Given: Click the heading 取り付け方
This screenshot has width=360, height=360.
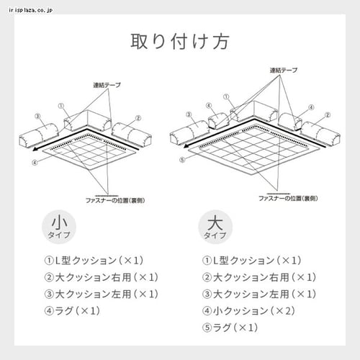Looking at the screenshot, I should click(x=180, y=41).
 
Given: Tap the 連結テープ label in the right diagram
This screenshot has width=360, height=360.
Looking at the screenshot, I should click(x=284, y=71).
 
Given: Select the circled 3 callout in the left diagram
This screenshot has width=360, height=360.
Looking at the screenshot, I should click(x=36, y=115).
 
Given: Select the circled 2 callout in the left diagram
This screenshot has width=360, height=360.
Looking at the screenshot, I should click(x=138, y=117).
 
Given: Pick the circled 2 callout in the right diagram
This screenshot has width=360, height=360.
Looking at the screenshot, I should click(x=328, y=113).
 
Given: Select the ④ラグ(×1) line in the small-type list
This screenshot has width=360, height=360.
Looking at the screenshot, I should click(x=72, y=311).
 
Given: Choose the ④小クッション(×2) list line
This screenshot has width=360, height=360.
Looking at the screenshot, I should click(x=248, y=311).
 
